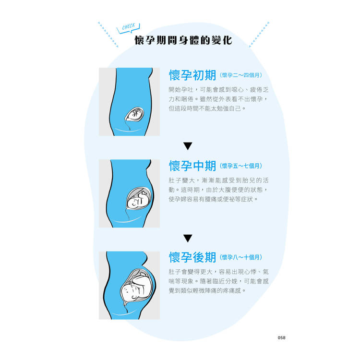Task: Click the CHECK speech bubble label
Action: coord(128,28)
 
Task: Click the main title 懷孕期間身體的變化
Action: coord(183,40)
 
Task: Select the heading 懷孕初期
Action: coord(192,75)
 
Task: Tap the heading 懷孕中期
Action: coord(192,166)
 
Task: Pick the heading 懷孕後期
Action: coord(192,257)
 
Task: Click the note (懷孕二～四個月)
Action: coord(240,75)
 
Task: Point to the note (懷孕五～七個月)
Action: coord(240,166)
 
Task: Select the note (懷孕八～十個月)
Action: coord(240,257)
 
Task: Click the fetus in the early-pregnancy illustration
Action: coord(135,114)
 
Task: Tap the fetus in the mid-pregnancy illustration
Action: coord(139,198)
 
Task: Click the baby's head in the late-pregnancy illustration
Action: coord(130,291)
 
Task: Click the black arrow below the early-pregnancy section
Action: coord(188,146)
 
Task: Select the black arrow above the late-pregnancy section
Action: coord(188,238)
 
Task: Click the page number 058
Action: coord(281,337)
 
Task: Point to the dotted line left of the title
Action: coord(108,35)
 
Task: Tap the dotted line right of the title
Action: coord(259,35)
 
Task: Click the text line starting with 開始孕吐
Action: coord(218,90)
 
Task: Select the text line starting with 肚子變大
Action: coord(218,180)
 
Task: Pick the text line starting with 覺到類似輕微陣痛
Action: coord(207,291)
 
